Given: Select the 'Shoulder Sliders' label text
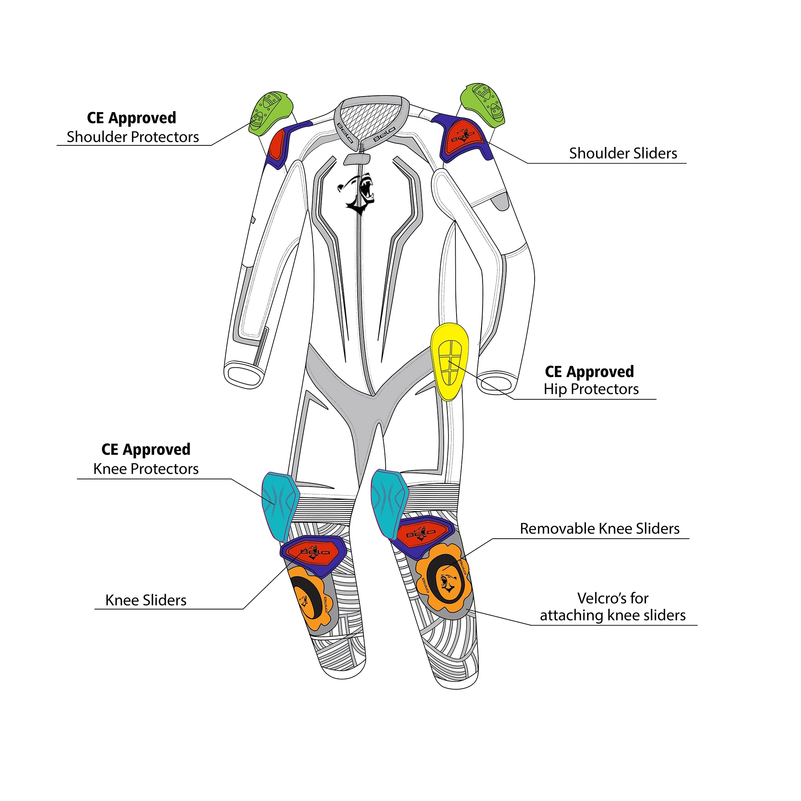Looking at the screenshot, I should point(623,153).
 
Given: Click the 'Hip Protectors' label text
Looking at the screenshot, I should point(591,389).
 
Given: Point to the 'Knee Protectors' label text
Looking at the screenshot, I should point(145,469).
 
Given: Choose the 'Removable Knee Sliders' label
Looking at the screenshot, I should point(600,529).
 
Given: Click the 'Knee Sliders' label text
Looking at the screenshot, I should point(145,600).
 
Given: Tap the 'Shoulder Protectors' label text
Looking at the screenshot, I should point(133,137).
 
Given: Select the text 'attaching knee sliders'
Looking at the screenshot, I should point(612,615).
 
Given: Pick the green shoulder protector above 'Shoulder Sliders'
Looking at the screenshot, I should point(483,104).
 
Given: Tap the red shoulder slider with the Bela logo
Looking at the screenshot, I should point(463,135).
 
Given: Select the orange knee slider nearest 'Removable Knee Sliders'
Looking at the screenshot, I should point(444,578).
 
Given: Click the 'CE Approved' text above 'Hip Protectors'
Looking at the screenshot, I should point(589,372).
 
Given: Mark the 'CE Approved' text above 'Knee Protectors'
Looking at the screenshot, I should point(145,449).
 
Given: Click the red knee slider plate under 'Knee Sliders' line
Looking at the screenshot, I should point(314,553).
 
